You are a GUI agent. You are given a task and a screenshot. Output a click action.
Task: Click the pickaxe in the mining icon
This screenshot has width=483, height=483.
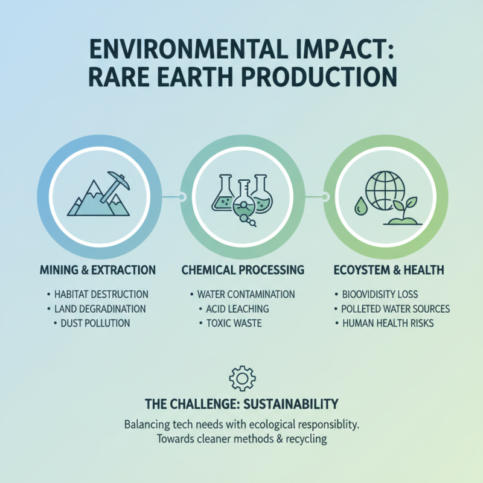click(115, 184)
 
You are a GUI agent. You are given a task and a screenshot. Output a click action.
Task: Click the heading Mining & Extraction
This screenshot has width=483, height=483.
click(97, 269)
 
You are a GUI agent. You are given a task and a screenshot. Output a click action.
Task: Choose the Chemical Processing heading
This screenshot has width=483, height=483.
click(242, 269)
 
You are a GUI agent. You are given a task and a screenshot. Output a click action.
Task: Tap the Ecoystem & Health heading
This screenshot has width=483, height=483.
click(387, 269)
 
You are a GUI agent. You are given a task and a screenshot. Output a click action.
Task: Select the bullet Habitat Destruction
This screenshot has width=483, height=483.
click(100, 295)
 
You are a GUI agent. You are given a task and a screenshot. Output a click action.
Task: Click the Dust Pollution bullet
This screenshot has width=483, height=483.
click(95, 323)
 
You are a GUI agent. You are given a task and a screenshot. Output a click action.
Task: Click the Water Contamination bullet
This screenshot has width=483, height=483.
click(246, 295)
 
